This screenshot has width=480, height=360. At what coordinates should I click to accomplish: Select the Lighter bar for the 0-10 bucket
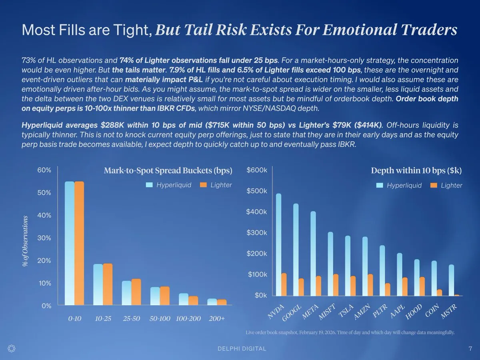79,243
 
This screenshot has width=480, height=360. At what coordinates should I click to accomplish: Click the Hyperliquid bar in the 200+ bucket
212,302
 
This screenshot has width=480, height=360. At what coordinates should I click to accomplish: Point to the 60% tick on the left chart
44,170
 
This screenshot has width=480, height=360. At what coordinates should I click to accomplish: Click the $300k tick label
257,233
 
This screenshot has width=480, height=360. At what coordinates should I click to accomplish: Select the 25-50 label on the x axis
132,319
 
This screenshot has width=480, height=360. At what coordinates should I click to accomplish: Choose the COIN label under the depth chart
432,311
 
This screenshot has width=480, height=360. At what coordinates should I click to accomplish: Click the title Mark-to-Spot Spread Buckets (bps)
168,171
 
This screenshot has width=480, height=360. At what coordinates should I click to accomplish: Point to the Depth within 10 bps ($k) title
416,171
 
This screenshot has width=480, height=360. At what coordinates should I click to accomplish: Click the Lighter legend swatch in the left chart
203,185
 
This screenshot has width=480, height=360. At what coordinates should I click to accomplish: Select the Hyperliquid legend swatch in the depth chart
380,185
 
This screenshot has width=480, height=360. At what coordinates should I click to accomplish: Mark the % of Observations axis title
26,241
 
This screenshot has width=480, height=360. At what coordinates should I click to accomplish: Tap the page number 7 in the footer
470,348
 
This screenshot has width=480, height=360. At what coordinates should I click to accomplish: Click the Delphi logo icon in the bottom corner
12,348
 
